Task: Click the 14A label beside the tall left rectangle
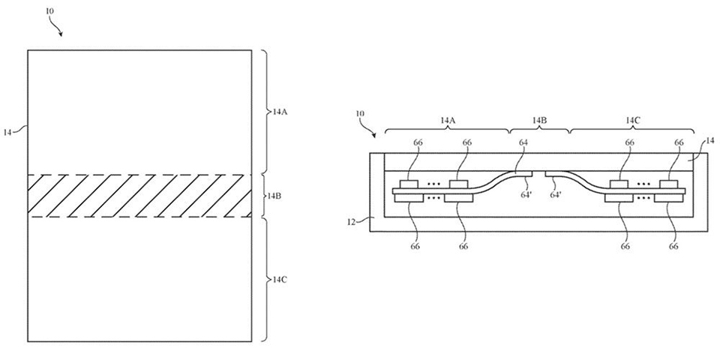(x=280, y=112)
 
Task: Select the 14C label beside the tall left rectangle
(x=279, y=279)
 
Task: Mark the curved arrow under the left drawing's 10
(x=56, y=28)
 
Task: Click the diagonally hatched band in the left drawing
(x=139, y=196)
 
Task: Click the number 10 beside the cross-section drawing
(x=360, y=114)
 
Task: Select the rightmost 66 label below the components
(x=673, y=246)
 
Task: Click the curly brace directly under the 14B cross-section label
(x=539, y=130)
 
